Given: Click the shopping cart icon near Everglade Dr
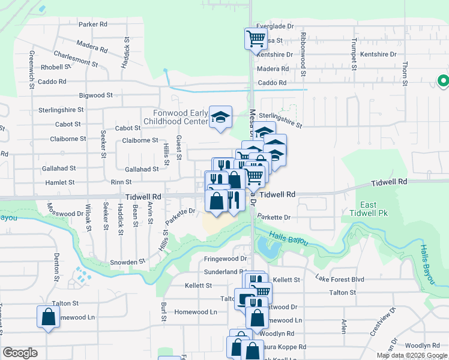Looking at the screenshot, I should pyautogui.click(x=256, y=39).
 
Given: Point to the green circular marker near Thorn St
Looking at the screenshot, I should pyautogui.click(x=443, y=80).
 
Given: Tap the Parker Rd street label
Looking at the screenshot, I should pyautogui.click(x=92, y=25).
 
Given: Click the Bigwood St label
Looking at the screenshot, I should pyautogui.click(x=96, y=95).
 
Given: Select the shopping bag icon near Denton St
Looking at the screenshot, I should pyautogui.click(x=48, y=317).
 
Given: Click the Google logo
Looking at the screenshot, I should pyautogui.click(x=20, y=353).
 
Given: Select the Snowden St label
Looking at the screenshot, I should pyautogui.click(x=128, y=262).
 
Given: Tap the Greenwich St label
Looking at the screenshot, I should pyautogui.click(x=31, y=70).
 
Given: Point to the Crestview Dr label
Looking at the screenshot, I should pyautogui.click(x=392, y=322).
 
